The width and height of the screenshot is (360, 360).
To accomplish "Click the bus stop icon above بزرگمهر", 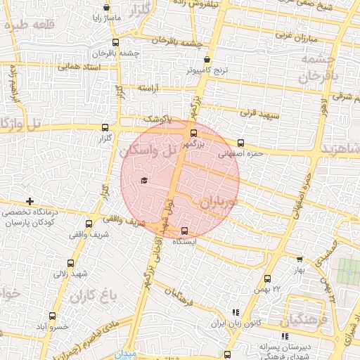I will coord(193,133).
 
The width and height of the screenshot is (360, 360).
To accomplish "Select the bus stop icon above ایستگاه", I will coord(184,231).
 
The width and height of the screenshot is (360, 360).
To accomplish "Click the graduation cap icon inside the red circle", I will coord(144,181).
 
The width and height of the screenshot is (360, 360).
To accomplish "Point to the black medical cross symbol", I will coord(29,202).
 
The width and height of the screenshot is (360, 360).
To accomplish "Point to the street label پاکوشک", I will coord(159,120).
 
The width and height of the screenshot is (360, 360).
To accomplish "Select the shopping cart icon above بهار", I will coord(298,259).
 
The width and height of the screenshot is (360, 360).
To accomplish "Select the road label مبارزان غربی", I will coord(290,34).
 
